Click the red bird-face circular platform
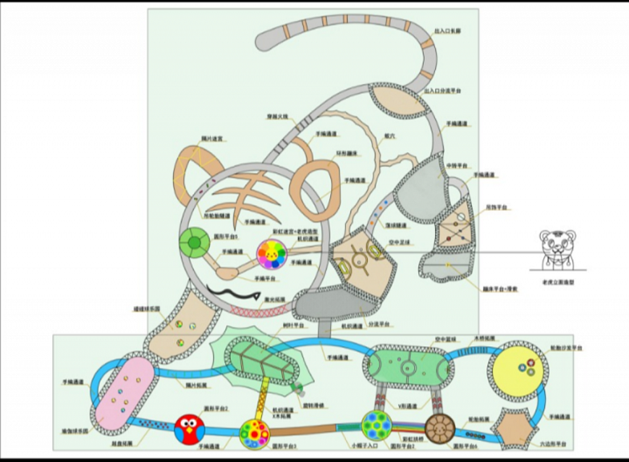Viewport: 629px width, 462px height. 189,430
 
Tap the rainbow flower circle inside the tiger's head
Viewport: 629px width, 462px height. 271,254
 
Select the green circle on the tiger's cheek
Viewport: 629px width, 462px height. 194,243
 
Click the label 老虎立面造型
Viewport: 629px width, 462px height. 557,282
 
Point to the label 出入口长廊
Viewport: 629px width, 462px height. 448,31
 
